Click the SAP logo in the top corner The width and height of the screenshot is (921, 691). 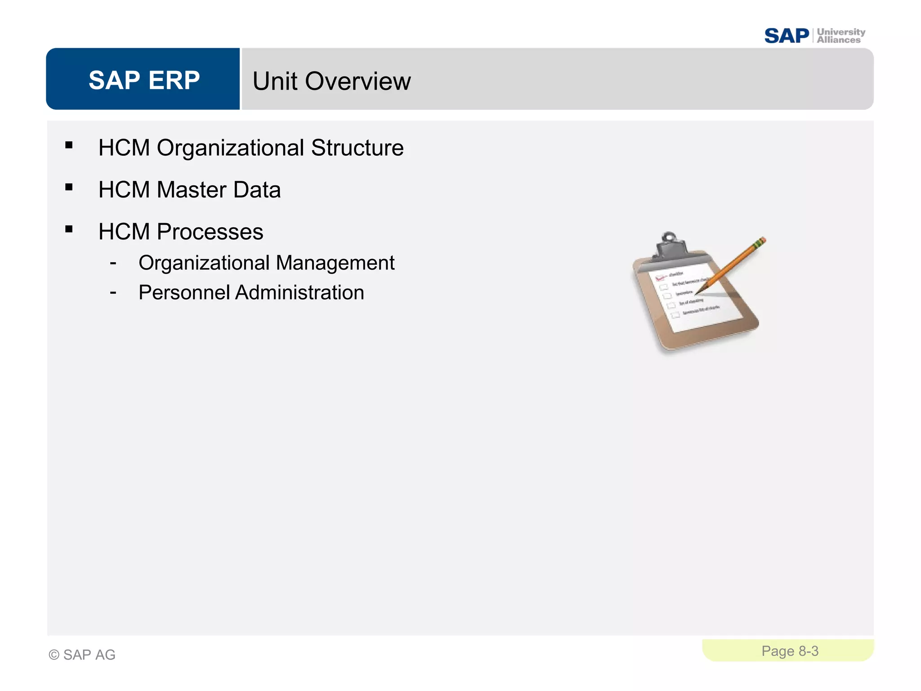(x=786, y=36)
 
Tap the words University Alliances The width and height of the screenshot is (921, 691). (x=840, y=36)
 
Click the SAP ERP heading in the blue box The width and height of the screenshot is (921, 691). (x=144, y=80)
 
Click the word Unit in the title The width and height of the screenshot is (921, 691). (x=275, y=81)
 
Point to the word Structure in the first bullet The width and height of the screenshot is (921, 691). (x=357, y=148)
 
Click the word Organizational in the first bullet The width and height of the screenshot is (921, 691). (x=230, y=148)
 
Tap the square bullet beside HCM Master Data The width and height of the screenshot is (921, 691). (x=69, y=187)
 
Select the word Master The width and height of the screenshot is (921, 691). (x=191, y=190)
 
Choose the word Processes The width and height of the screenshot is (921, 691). (x=210, y=232)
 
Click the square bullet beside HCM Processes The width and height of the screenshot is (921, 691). (x=69, y=229)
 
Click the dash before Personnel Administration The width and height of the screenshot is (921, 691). (x=113, y=293)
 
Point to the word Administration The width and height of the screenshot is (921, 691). (x=300, y=293)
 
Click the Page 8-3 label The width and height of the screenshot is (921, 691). (x=790, y=651)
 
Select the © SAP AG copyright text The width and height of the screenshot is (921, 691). (x=82, y=655)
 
